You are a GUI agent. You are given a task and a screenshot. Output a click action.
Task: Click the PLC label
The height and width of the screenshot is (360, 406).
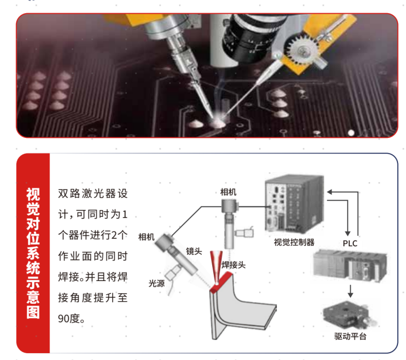point(350,243)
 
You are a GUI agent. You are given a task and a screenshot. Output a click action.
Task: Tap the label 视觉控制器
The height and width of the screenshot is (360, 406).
point(294,242)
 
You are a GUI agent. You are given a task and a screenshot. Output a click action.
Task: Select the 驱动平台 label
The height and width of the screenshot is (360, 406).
point(350,336)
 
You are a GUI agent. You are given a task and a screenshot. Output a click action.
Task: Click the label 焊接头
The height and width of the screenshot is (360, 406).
point(234,265)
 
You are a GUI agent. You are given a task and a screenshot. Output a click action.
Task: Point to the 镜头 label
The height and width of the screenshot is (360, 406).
point(194,251)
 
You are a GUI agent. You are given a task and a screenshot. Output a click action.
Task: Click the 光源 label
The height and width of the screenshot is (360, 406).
point(156,283)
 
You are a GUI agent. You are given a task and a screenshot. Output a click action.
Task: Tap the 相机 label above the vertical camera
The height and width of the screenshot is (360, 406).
point(228,192)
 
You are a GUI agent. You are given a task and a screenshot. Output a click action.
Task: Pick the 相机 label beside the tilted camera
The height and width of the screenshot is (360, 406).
point(146,237)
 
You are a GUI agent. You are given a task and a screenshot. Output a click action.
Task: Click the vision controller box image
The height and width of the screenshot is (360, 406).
point(294,204)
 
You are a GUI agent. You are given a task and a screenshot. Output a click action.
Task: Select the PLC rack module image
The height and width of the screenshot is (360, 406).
point(350,266)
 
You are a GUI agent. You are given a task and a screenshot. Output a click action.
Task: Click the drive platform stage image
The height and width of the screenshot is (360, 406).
point(350,315)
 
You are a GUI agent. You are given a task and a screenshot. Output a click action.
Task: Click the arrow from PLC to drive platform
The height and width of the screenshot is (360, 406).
point(350,291)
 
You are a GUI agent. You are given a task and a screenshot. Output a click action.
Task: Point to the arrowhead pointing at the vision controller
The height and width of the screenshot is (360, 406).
point(329,192)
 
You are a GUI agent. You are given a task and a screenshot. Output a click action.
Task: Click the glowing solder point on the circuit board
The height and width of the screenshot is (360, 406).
point(217,122)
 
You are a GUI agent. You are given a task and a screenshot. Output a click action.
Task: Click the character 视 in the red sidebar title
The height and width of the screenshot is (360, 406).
point(33,195)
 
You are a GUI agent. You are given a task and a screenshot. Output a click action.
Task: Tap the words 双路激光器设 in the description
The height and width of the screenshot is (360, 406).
point(93,194)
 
